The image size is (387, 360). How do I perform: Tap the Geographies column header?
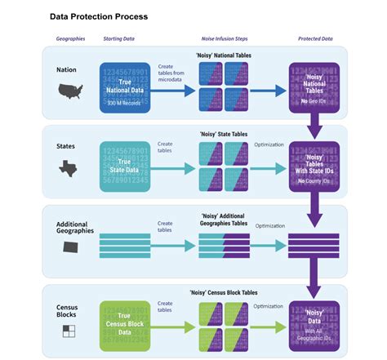click(x=70, y=39)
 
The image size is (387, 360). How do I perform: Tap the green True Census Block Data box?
click(x=125, y=325)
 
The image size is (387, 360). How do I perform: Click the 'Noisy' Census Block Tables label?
click(x=223, y=291)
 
